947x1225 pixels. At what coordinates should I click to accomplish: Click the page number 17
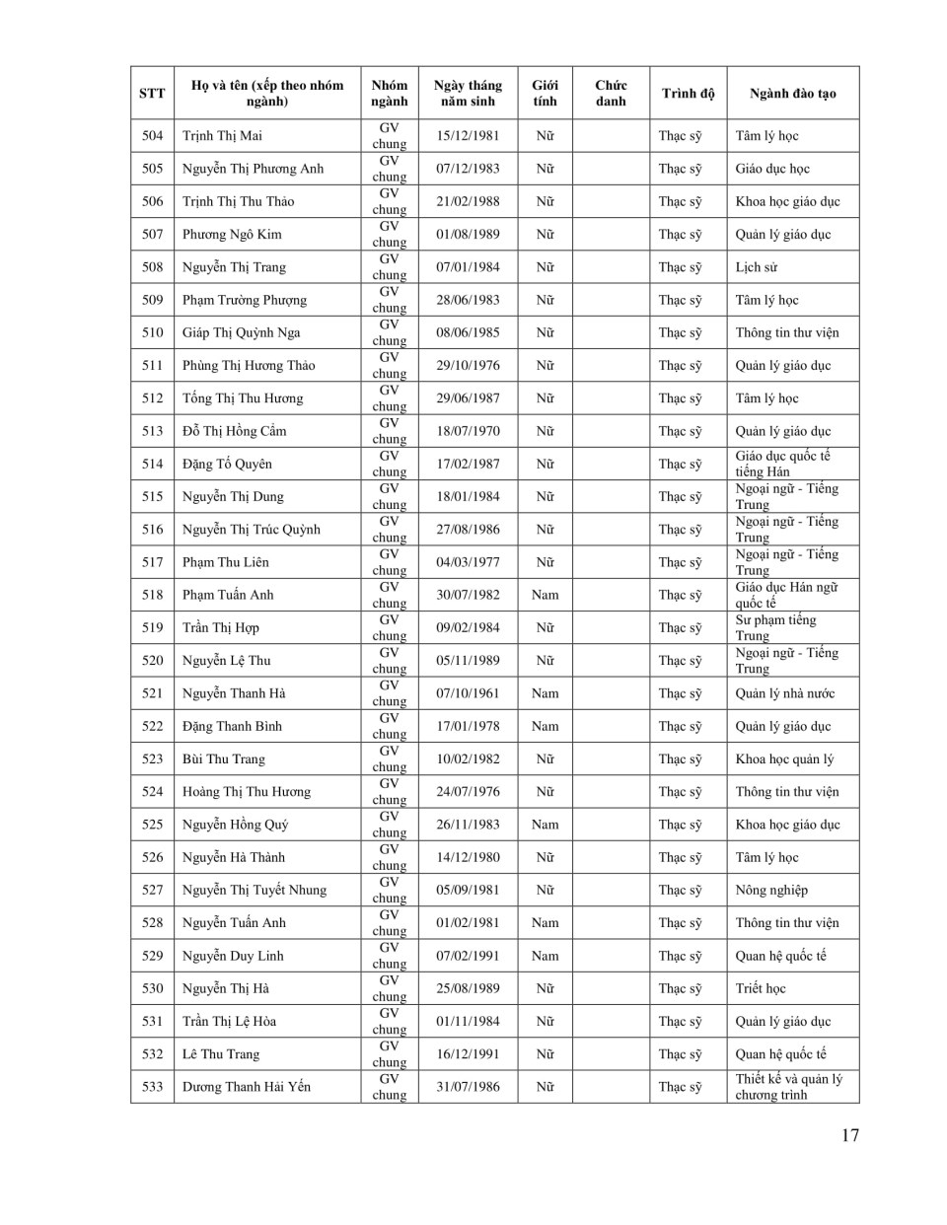pos(850,1135)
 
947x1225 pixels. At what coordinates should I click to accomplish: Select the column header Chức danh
pos(611,94)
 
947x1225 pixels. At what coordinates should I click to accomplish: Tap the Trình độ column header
pos(688,94)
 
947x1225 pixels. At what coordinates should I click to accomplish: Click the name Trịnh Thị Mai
pos(222,136)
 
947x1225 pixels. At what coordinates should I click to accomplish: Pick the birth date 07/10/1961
pos(468,693)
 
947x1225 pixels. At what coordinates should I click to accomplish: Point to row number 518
pos(152,595)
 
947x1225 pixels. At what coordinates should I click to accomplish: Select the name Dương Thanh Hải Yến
pos(247,1087)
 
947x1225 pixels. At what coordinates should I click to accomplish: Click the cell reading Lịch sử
pos(757,267)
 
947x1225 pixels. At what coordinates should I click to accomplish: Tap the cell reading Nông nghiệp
pos(771,890)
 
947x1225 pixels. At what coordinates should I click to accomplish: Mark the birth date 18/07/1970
pos(468,431)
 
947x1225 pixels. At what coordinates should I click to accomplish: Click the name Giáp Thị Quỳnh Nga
pos(242,332)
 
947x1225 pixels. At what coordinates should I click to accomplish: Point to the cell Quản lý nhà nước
pos(785,693)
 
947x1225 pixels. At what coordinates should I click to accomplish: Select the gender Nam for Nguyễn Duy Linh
pos(545,956)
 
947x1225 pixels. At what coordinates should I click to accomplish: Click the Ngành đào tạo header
pos(792,94)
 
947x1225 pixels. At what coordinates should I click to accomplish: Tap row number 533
pos(152,1087)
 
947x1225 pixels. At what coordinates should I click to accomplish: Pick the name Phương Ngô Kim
pos(232,235)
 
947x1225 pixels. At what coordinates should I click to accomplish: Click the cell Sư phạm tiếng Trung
pos(775,627)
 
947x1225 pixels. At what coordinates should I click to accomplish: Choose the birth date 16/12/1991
pos(468,1054)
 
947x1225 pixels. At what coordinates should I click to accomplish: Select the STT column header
pos(152,94)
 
